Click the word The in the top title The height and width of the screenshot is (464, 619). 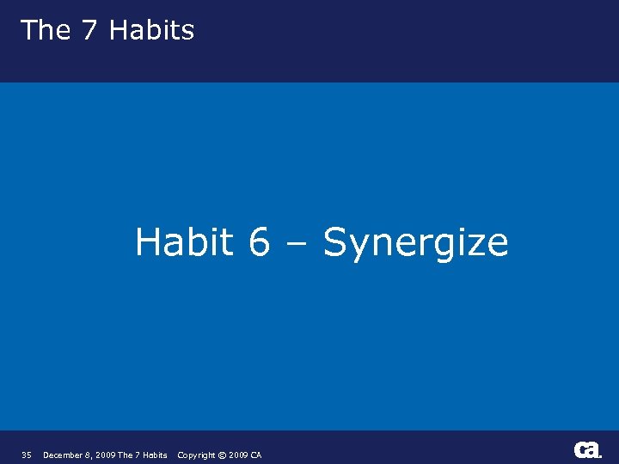45,30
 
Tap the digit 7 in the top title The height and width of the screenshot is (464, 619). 89,30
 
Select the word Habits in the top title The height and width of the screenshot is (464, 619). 151,30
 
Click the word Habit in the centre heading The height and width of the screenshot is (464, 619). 184,241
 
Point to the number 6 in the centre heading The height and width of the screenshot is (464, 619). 260,242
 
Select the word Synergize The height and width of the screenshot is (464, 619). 415,243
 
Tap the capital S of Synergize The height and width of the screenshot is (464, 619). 334,242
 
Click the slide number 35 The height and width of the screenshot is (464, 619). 27,455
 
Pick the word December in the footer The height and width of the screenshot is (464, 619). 61,455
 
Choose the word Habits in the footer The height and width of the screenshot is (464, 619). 154,455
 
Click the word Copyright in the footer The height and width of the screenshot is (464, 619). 195,455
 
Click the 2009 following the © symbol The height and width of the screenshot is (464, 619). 238,455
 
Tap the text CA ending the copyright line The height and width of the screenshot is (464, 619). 256,455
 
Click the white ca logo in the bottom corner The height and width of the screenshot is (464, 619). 587,449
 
